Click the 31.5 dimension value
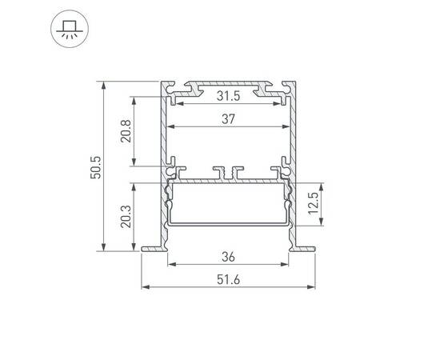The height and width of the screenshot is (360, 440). click(228, 96)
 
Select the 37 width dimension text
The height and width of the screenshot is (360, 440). click(228, 119)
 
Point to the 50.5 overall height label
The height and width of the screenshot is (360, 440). click(95, 166)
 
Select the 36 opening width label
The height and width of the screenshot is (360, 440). click(228, 257)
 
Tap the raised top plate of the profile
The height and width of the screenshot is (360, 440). click(228, 82)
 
